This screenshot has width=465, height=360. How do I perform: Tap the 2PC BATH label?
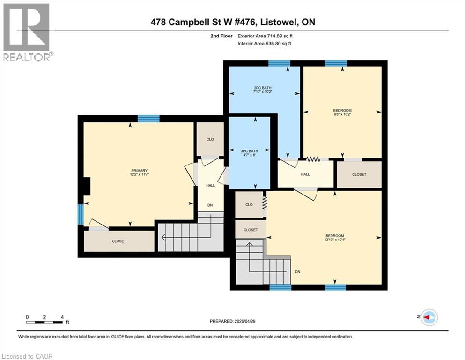click(263, 88)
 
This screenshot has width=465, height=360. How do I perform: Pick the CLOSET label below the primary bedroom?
click(119, 241)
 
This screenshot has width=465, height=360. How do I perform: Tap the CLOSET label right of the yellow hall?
click(359, 174)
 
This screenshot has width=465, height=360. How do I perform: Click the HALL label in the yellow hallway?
click(305, 174)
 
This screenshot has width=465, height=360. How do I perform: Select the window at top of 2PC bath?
click(279, 63)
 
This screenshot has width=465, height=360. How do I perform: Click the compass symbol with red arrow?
click(428, 317)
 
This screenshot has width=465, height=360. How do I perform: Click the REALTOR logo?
click(27, 32)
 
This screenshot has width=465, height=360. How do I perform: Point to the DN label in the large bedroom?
click(297, 272)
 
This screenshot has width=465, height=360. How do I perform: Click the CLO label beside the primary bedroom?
click(210, 139)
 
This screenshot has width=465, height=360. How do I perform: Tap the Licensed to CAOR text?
click(27, 356)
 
